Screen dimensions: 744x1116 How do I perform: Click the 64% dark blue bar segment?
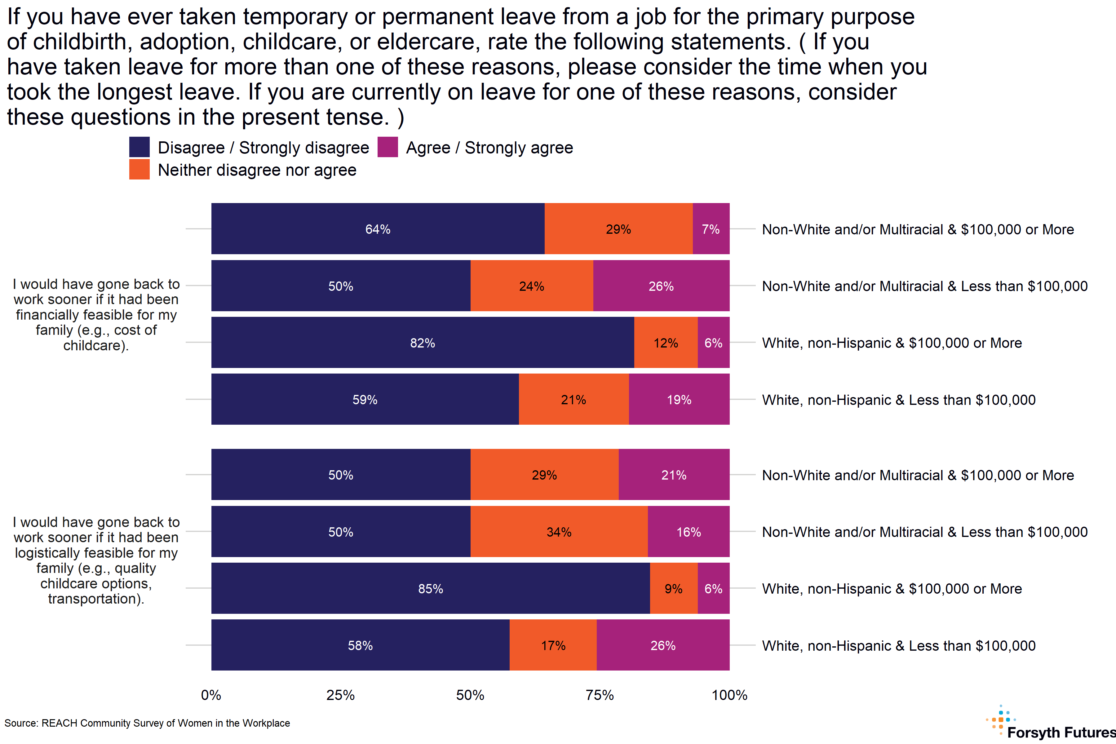[378, 229]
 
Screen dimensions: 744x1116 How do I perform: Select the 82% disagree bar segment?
[422, 343]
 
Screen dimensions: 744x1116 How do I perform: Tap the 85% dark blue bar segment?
[430, 588]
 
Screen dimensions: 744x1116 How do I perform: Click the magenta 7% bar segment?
[711, 229]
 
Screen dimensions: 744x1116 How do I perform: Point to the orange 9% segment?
[673, 588]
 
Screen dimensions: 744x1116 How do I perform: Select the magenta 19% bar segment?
[679, 400]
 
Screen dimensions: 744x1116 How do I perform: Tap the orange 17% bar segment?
[553, 645]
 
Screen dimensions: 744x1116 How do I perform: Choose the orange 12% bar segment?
[666, 343]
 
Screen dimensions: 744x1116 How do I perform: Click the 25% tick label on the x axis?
[340, 695]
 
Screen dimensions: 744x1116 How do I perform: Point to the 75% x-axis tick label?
[600, 695]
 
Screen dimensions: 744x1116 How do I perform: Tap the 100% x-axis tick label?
[729, 695]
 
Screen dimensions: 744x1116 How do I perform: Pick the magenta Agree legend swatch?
[388, 147]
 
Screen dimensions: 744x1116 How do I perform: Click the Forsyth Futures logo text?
[1061, 733]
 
